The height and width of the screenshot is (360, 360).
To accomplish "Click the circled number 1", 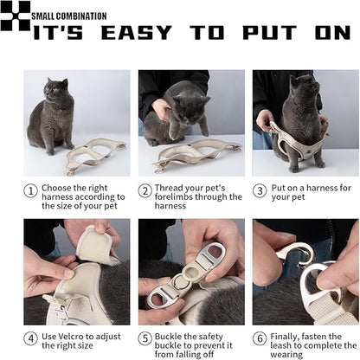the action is click(x=30, y=190).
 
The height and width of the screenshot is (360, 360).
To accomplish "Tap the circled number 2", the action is click(x=145, y=190).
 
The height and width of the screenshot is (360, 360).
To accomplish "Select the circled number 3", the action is click(x=260, y=190).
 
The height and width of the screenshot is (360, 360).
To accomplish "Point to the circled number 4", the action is click(x=30, y=338).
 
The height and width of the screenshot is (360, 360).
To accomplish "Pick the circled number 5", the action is click(x=145, y=338).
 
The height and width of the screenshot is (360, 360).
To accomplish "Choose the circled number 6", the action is click(x=260, y=338).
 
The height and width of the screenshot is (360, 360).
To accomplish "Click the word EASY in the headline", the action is click(x=137, y=32).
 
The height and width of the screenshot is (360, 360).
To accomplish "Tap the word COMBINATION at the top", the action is click(x=81, y=16).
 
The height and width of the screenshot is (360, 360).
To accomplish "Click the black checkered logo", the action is click(x=16, y=16).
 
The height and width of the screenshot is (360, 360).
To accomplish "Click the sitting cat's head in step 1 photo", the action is click(x=56, y=87).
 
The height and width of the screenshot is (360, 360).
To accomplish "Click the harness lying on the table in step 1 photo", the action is click(x=95, y=155).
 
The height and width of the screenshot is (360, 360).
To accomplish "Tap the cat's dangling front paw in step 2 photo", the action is click(x=174, y=135).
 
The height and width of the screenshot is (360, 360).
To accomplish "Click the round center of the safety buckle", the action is click(x=190, y=271).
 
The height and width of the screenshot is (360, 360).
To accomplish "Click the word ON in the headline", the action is click(x=333, y=32).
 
